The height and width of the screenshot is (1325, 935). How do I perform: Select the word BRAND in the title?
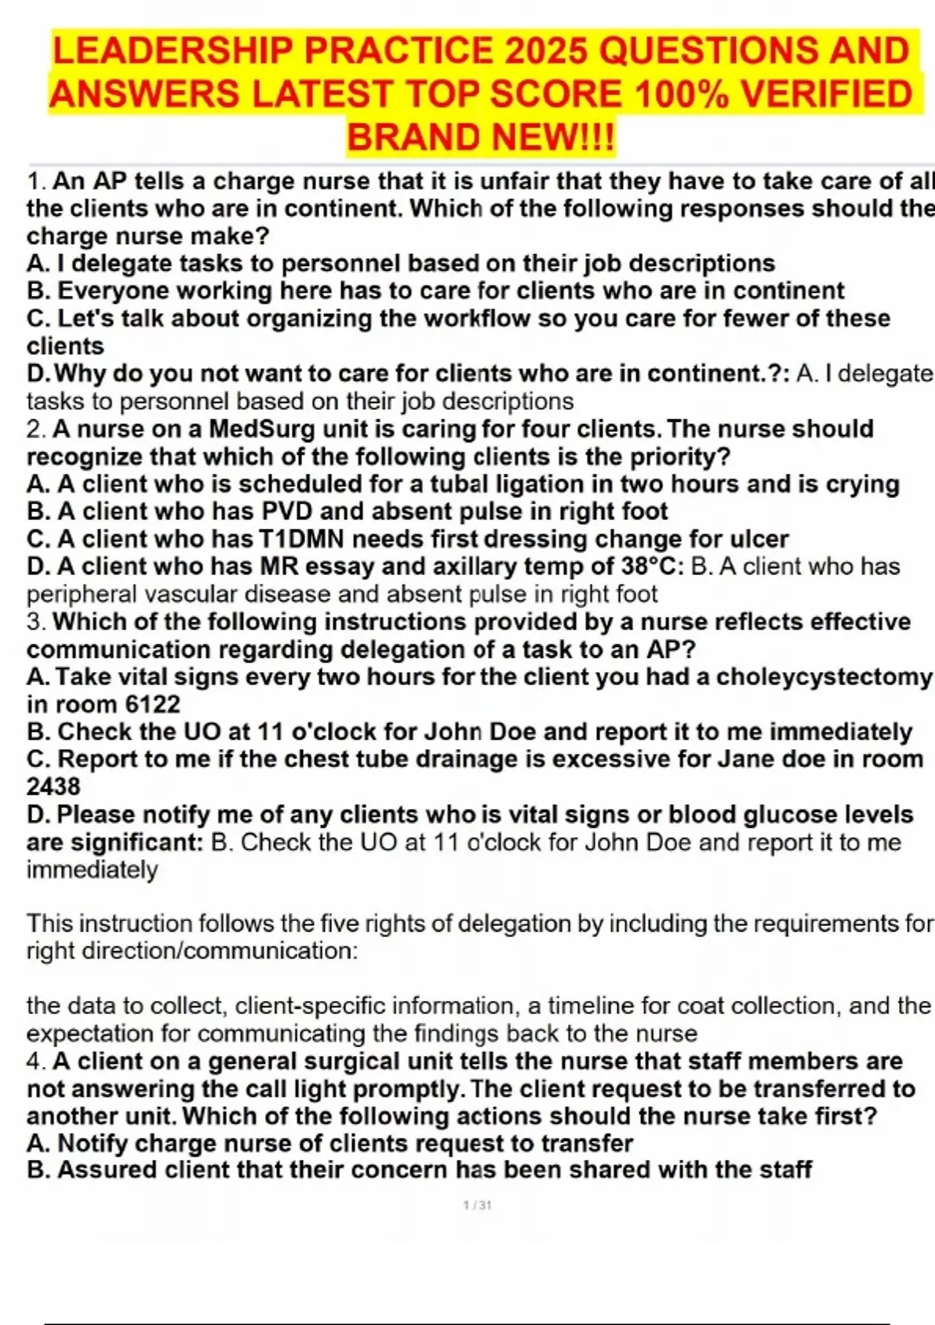(x=412, y=138)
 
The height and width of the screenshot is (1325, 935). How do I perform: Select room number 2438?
(x=53, y=786)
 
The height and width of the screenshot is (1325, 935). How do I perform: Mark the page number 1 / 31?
(x=477, y=1205)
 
